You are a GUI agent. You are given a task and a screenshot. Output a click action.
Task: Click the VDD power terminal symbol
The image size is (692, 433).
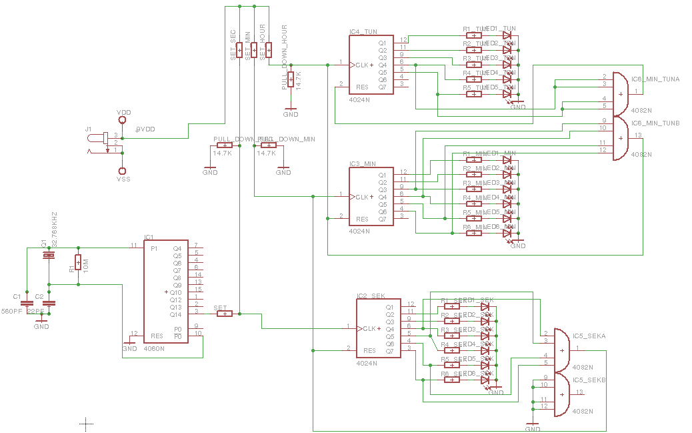(122, 120)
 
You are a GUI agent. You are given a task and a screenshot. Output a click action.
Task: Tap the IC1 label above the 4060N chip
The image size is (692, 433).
(149, 238)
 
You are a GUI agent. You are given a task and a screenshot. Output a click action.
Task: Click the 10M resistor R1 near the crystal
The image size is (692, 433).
(78, 261)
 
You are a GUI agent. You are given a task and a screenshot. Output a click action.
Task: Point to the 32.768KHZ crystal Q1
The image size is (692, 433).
(47, 256)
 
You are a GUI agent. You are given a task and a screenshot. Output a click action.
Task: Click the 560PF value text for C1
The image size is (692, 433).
(12, 312)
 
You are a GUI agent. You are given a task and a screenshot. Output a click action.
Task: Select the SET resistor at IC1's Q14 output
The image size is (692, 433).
(225, 313)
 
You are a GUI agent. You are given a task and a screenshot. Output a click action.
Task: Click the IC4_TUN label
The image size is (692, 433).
(363, 31)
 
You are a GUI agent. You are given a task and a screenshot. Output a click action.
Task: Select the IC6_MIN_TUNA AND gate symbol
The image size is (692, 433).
(619, 93)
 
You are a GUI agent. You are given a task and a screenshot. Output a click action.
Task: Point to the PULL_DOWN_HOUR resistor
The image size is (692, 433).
(291, 79)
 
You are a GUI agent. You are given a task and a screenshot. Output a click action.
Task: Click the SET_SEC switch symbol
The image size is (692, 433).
(239, 50)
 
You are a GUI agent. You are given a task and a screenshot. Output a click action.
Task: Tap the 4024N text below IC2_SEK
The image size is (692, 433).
(367, 364)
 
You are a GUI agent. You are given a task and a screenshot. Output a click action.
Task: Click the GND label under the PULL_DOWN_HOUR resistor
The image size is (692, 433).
(291, 114)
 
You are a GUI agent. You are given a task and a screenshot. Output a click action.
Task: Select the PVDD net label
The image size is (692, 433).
(145, 129)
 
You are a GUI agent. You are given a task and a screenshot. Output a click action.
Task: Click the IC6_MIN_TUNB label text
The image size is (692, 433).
(655, 123)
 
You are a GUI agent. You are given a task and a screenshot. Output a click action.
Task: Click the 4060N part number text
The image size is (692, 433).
(154, 348)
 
